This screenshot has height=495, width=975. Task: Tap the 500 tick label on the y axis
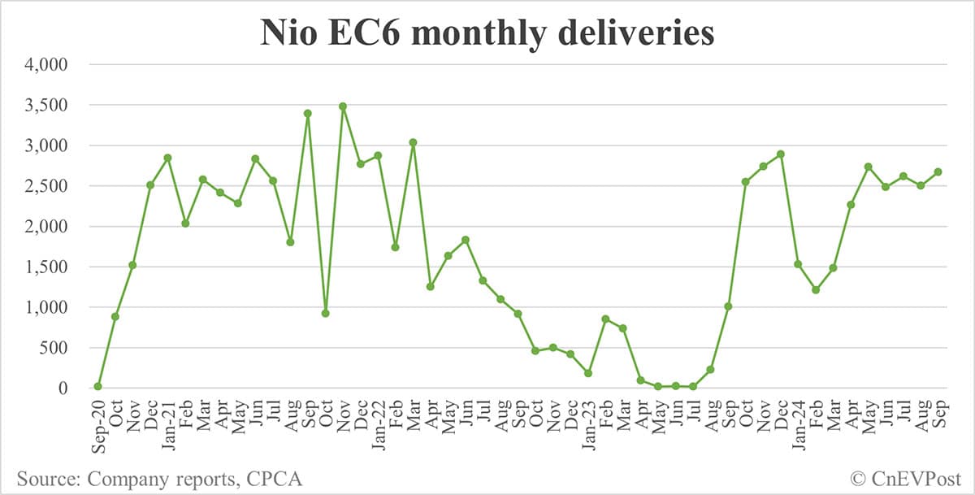point(58,348)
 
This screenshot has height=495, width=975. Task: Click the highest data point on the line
point(343,106)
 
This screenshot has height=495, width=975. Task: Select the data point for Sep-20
point(97,386)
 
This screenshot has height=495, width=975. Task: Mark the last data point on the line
point(938,172)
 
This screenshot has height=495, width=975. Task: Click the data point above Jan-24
point(798,264)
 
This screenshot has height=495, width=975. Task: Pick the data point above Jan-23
point(587,373)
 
